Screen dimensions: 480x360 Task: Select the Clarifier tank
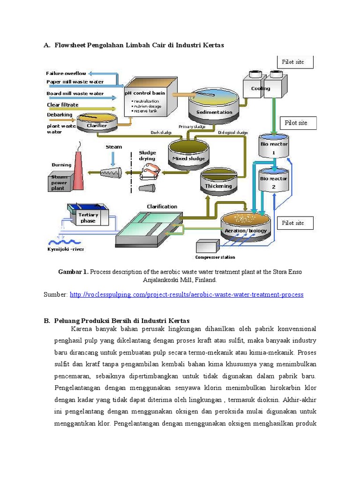coord(97,123)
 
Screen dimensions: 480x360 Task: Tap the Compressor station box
coord(207,247)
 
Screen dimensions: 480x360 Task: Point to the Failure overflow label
coord(66,73)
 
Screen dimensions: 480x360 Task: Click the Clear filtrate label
coord(62,105)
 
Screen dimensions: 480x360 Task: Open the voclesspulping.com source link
coord(187,294)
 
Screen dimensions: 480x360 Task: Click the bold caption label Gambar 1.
coord(73,272)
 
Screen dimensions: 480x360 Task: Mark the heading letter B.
coord(47,321)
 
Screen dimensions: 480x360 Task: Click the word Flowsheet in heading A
coord(71,45)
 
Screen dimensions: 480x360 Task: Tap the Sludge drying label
coord(147,156)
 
